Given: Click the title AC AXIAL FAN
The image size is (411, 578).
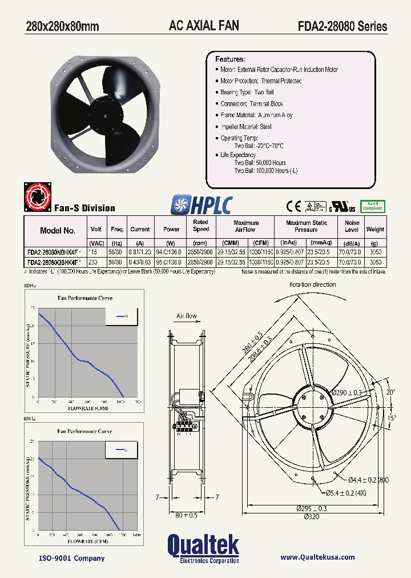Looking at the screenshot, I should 204,26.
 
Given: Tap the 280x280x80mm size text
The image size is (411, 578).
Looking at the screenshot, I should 62,26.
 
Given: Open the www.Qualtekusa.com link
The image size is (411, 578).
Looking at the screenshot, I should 318,557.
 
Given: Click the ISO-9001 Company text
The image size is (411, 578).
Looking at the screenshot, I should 71,558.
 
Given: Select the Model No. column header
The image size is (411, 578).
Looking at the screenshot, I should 58,231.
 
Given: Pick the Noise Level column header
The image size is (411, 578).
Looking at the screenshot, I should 352,226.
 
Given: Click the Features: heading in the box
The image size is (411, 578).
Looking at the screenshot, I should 230,59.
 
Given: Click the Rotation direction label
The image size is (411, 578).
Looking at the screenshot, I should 312,284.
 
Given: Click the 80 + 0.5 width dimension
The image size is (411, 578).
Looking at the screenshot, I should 186,515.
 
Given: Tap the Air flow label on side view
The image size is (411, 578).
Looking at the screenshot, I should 187,316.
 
